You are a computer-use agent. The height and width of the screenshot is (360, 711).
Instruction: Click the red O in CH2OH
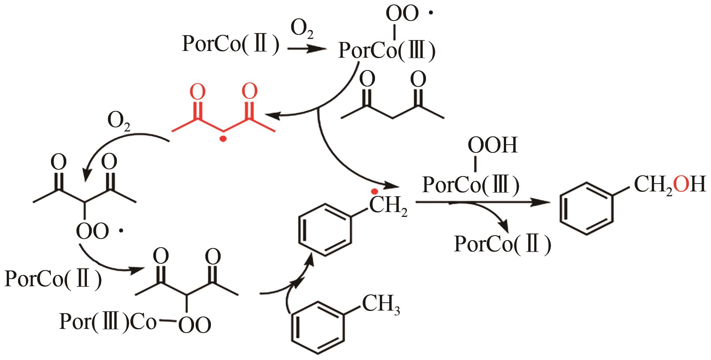(x=680, y=185)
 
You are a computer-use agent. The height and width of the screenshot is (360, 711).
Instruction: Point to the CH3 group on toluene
(x=381, y=305)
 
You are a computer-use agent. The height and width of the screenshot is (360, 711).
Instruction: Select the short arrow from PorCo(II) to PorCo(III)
(x=305, y=49)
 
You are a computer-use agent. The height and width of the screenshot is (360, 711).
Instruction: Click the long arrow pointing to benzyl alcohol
(x=483, y=203)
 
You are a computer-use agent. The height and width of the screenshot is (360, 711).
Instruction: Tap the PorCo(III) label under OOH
(x=471, y=184)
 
